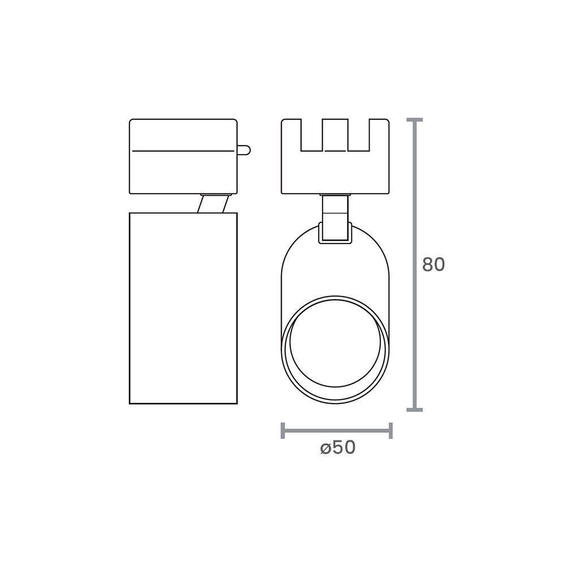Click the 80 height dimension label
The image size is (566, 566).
[434, 265]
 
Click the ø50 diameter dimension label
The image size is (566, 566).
[337, 448]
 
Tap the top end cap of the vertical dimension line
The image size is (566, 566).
[415, 120]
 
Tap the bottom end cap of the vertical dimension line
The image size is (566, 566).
[415, 409]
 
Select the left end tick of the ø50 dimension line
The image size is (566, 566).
[282, 430]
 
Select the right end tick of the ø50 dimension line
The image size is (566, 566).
[391, 430]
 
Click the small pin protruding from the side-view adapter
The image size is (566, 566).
[243, 150]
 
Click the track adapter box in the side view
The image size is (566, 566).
[183, 170]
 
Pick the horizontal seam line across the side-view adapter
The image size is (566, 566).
[182, 151]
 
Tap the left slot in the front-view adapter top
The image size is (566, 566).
[312, 136]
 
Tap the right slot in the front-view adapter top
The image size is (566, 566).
[360, 136]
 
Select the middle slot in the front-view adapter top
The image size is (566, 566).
[336, 136]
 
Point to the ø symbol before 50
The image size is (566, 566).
[325, 448]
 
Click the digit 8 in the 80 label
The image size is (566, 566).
[428, 265]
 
